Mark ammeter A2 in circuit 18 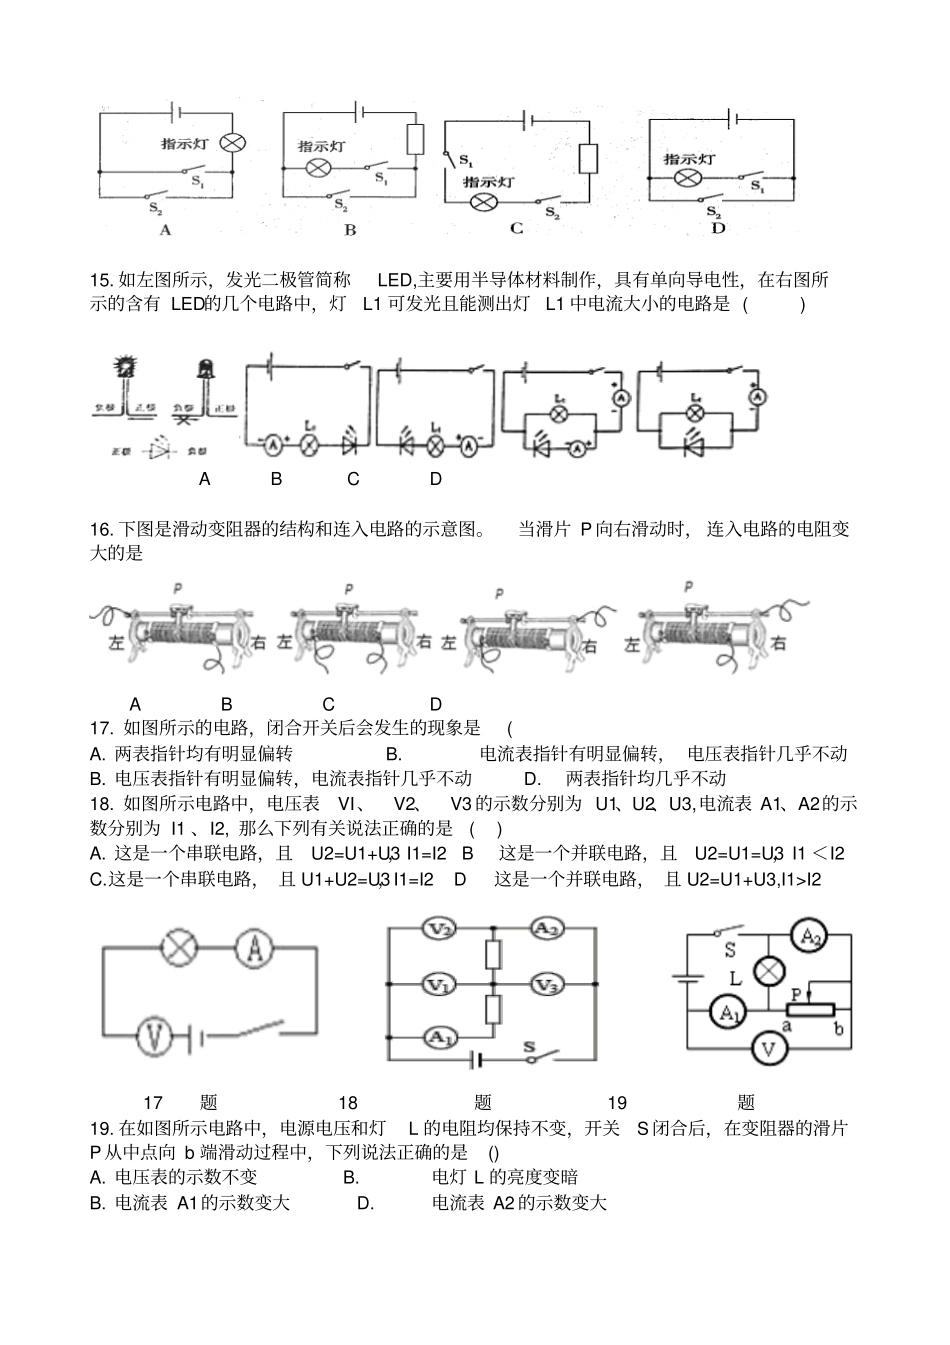click(x=547, y=930)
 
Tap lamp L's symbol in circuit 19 click(x=768, y=972)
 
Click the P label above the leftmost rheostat click(x=178, y=587)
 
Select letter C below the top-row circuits click(x=517, y=228)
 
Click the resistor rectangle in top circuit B click(x=416, y=138)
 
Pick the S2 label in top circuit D click(x=714, y=211)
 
